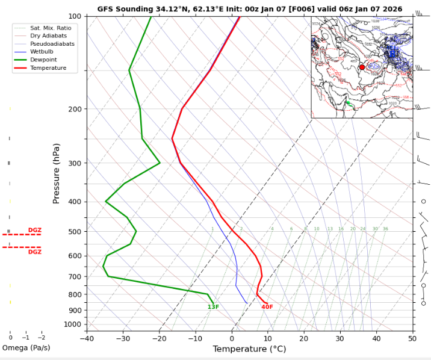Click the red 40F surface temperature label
(x=267, y=307)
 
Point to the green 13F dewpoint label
(x=213, y=307)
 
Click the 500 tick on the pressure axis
(x=74, y=232)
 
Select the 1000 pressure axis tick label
(x=72, y=324)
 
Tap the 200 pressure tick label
(x=74, y=109)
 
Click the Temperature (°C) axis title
(x=249, y=349)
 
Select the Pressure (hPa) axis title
(x=57, y=173)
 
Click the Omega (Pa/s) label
(x=26, y=348)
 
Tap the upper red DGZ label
(x=34, y=230)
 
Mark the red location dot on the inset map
(x=362, y=67)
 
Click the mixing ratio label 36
(x=385, y=229)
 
